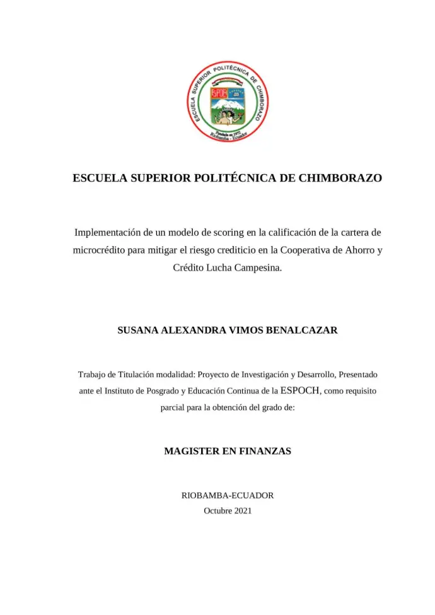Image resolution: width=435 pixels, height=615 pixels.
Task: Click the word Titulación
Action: (x=136, y=374)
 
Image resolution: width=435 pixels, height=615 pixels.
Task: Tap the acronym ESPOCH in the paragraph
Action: (x=300, y=390)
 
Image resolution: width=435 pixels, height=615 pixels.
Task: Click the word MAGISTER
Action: (x=192, y=451)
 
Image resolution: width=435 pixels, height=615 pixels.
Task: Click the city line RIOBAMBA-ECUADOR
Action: (x=227, y=496)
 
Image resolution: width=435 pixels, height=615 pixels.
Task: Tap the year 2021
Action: (x=243, y=510)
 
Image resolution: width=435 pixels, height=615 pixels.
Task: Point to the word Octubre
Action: (x=217, y=510)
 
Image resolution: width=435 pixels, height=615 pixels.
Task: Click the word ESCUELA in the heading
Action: (x=100, y=178)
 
